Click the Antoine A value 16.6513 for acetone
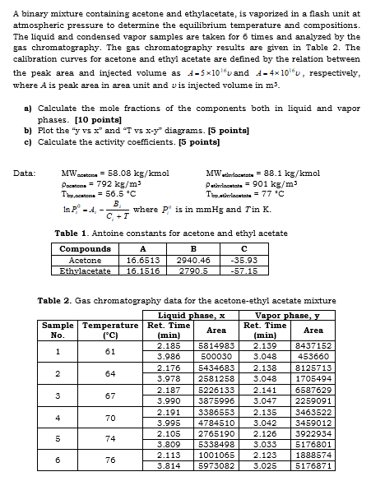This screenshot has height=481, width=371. [x=145, y=258]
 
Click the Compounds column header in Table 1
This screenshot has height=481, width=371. [x=86, y=247]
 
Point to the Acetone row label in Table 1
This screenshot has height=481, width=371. [x=86, y=258]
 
